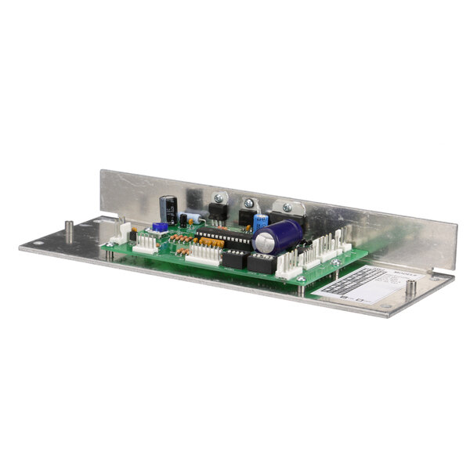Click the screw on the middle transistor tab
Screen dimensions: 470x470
coord(250,204)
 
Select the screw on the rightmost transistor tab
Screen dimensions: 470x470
coord(286,208)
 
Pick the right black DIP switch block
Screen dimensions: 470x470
coord(262,264)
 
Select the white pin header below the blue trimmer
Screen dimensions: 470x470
coord(145,244)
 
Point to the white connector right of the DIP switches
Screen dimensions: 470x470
coord(288,266)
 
